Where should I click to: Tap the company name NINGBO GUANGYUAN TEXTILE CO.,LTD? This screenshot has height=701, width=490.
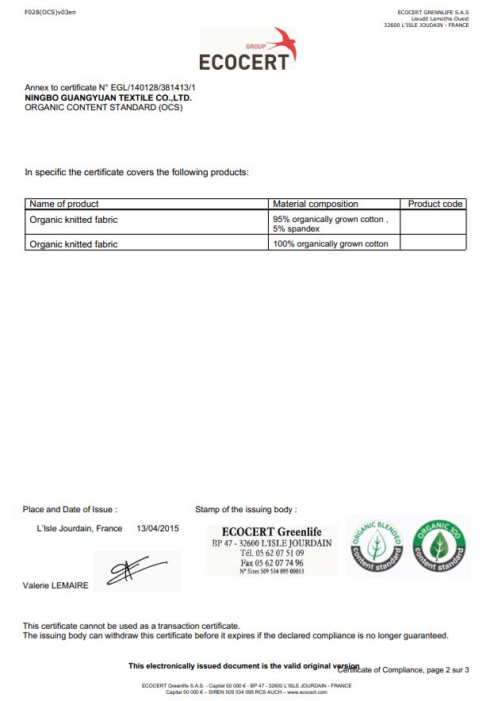109,98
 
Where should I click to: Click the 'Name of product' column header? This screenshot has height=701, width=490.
64,204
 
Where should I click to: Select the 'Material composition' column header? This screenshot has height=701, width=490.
316,204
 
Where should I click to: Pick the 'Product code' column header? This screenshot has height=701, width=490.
434,204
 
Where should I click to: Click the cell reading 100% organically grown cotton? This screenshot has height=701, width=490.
331,244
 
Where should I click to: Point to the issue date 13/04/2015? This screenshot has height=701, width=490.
159,528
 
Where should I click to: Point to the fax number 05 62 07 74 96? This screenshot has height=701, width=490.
280,563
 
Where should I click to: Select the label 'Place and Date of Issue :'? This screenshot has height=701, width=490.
70,509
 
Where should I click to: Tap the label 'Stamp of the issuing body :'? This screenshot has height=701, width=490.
246,509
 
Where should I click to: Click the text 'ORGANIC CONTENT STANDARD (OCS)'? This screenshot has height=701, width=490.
104,107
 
